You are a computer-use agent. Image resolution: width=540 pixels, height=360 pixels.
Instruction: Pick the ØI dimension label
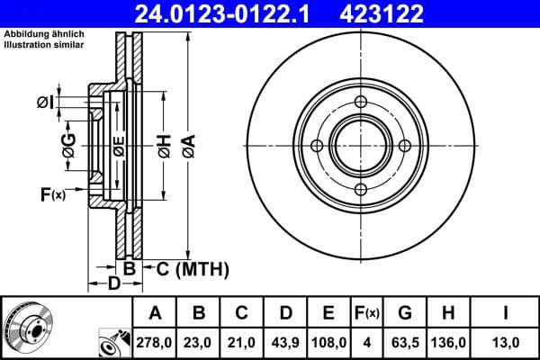[45, 103]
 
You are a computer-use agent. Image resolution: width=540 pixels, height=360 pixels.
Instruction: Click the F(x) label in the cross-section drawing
[52, 193]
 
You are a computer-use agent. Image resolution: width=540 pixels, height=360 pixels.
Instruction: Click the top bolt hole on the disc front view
[361, 102]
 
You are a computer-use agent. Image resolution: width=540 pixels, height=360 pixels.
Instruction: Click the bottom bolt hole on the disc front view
[361, 189]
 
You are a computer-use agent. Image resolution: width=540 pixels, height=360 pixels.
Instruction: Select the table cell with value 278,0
[156, 341]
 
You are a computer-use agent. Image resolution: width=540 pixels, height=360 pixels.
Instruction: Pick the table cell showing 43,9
[285, 341]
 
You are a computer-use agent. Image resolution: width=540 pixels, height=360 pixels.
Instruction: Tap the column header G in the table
[405, 312]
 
